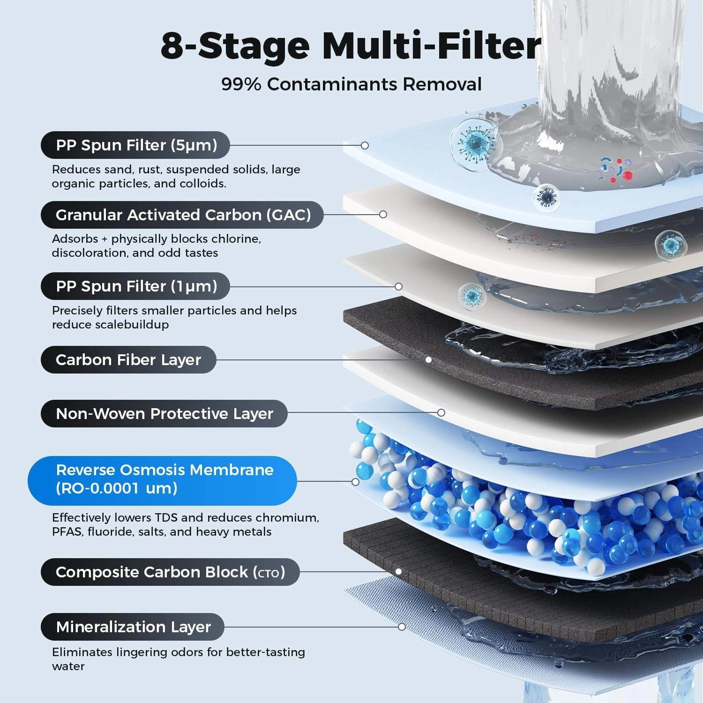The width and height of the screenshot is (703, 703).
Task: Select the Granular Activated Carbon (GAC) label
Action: (x=182, y=215)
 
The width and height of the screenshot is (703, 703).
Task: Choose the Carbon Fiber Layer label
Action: (x=128, y=359)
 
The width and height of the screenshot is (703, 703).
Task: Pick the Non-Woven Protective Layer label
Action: (x=164, y=413)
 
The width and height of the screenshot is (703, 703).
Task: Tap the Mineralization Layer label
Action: (x=133, y=627)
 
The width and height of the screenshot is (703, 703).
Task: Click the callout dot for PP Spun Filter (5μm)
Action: (x=365, y=145)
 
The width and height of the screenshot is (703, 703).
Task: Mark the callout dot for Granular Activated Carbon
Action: (x=383, y=214)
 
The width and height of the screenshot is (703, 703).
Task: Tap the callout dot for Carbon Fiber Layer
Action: (x=428, y=360)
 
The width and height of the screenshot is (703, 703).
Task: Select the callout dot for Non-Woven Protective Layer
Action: (x=441, y=412)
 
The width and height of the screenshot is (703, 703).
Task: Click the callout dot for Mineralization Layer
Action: (x=402, y=627)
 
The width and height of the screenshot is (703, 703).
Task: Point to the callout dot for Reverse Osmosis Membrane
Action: (x=355, y=482)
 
